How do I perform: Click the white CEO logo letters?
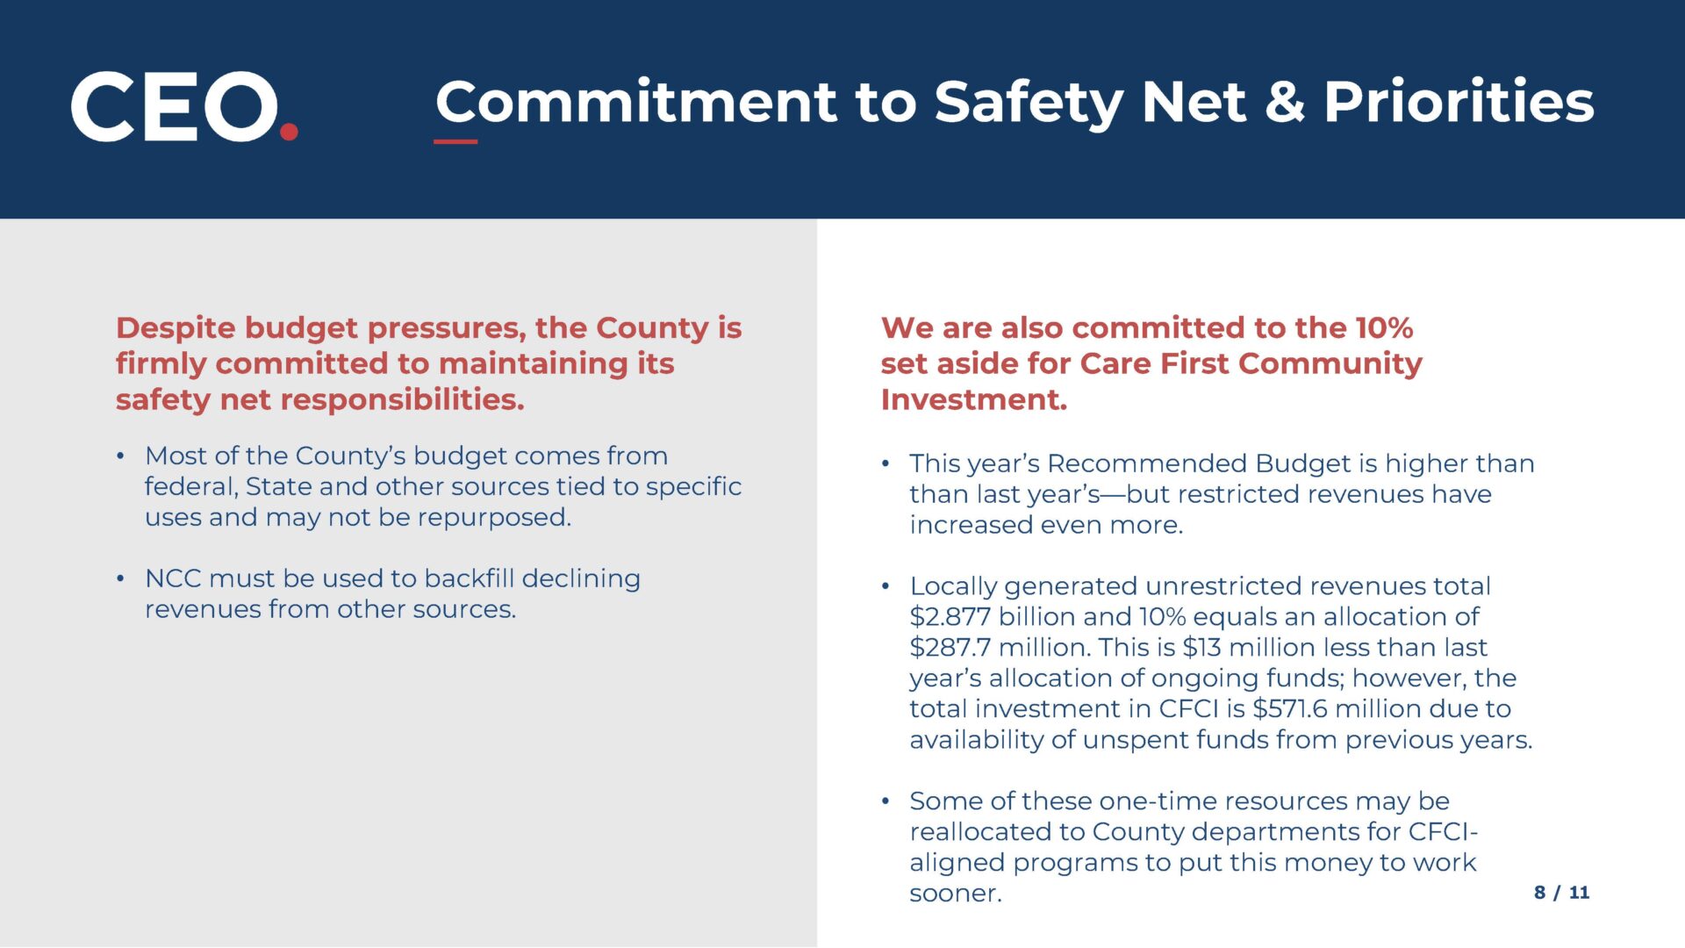[174, 106]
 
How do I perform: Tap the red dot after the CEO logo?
[289, 132]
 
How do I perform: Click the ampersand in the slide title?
[1284, 102]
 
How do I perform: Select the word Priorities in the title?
[1459, 102]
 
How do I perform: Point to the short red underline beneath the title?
[455, 141]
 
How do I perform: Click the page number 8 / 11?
[1562, 893]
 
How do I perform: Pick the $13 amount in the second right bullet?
[1201, 648]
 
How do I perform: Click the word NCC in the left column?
[173, 579]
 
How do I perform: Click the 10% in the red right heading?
[1384, 328]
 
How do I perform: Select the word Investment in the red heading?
[974, 400]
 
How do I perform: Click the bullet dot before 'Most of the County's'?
[121, 456]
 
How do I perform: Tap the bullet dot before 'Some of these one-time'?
[886, 801]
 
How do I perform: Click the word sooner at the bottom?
[956, 894]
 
